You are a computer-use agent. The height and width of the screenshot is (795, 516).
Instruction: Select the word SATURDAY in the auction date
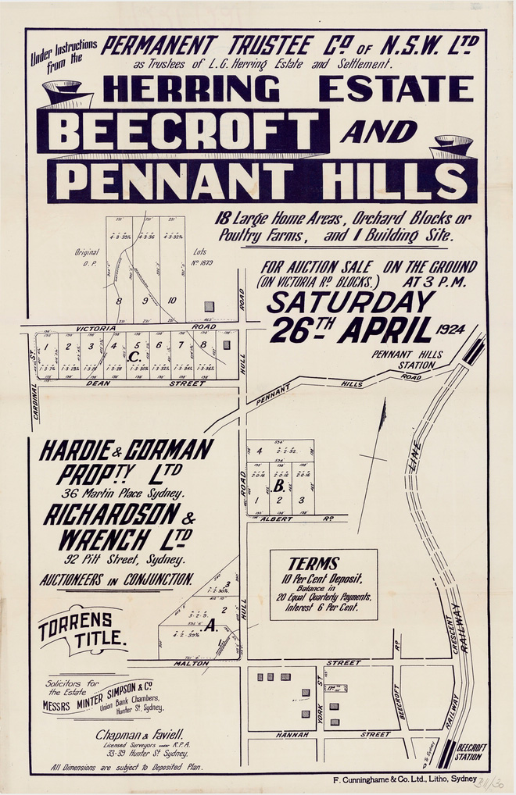(x=349, y=302)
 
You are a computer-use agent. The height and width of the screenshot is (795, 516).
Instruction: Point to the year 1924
(x=458, y=328)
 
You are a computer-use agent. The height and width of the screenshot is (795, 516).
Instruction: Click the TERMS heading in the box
(x=314, y=563)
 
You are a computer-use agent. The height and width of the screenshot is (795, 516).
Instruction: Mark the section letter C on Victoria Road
(x=135, y=357)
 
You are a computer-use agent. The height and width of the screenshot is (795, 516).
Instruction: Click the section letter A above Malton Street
(x=212, y=624)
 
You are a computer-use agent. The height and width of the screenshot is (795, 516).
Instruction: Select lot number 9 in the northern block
(x=145, y=299)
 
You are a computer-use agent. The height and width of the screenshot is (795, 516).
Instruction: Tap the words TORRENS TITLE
(x=83, y=628)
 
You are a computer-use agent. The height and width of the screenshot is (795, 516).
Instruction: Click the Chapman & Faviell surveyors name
(x=140, y=734)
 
